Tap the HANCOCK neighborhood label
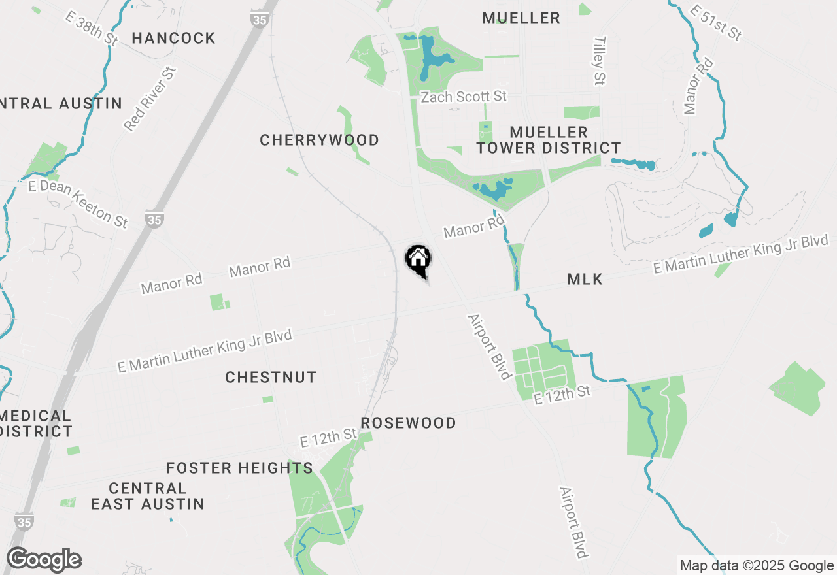173,38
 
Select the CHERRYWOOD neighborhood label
319,140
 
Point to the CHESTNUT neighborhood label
271,377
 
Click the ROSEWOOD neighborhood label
408,423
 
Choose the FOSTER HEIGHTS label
239,468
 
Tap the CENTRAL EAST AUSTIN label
148,496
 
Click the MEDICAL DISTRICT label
37,423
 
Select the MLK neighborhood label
585,280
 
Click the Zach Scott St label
464,97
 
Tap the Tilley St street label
599,61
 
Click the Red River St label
150,99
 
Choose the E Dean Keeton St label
78,203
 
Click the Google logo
44,560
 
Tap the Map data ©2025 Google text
757,566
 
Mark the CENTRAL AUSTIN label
60,103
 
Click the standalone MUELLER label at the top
521,18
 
